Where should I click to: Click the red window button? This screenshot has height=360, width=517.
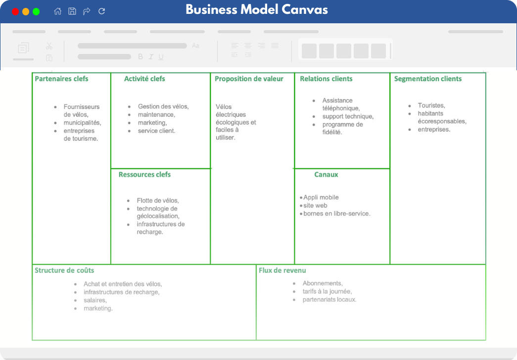tap(15, 11)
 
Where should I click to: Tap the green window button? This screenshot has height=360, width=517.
tap(36, 11)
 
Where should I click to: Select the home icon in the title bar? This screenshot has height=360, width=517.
tap(58, 11)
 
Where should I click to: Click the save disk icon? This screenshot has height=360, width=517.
tap(72, 11)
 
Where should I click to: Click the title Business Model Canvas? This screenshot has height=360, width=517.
tap(257, 9)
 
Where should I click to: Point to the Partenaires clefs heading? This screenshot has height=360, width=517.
tap(62, 79)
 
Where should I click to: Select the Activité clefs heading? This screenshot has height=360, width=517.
tap(144, 79)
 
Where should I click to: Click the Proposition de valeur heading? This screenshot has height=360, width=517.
tap(249, 79)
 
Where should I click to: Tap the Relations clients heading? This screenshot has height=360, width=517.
tap(326, 79)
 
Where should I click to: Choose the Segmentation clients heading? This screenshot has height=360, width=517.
tap(428, 79)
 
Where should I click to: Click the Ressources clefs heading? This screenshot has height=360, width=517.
tap(145, 174)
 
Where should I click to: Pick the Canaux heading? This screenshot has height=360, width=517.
tap(326, 174)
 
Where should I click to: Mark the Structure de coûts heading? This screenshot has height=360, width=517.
tap(64, 270)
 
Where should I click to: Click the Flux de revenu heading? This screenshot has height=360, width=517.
tap(282, 270)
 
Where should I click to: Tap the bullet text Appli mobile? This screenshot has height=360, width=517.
tap(321, 197)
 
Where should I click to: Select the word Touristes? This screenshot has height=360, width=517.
tap(431, 105)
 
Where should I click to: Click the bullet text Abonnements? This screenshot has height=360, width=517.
tap(323, 283)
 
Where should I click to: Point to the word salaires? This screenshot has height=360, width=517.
tap(95, 300)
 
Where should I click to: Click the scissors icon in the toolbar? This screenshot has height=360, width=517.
tap(49, 46)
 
